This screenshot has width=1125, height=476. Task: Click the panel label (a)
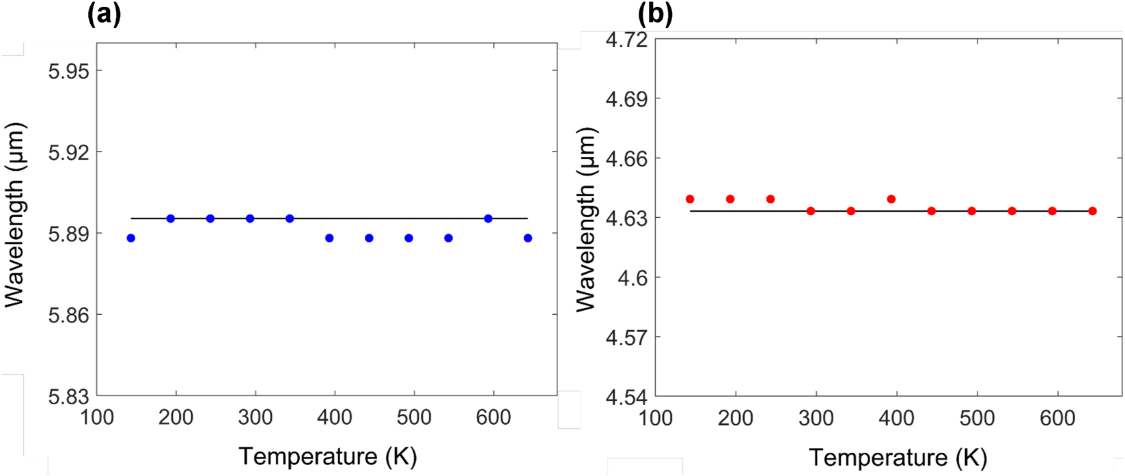click(105, 14)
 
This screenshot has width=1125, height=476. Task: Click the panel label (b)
click(655, 14)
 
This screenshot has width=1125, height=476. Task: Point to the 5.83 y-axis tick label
click(68, 396)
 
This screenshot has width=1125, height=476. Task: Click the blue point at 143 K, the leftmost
click(131, 238)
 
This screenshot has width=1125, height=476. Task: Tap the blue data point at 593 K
click(488, 219)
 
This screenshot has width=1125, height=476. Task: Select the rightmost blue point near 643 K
click(528, 238)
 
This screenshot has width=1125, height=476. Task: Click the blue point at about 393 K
click(329, 238)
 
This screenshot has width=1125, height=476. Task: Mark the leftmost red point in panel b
click(690, 199)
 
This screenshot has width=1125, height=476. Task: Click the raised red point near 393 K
click(891, 199)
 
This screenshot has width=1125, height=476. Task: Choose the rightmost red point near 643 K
click(1092, 211)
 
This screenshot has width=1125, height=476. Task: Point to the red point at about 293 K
click(811, 211)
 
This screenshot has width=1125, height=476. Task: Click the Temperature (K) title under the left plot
click(327, 456)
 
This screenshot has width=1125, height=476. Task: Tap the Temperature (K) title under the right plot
click(898, 457)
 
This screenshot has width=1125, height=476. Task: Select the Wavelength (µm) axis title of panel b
click(586, 219)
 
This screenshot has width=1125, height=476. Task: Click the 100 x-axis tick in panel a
click(96, 417)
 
